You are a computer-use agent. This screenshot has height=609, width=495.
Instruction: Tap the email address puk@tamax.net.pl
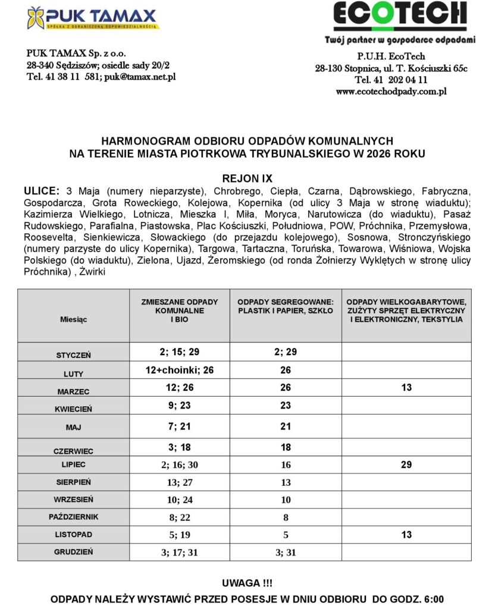pyautogui.click(x=140, y=77)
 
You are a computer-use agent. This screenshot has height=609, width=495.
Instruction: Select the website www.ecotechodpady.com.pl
pyautogui.click(x=391, y=92)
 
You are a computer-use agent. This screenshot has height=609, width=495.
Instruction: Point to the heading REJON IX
pyautogui.click(x=247, y=178)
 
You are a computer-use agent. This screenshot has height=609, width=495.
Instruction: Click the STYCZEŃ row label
pyautogui.click(x=73, y=355)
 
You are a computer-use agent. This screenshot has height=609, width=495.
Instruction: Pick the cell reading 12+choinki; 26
pyautogui.click(x=179, y=370)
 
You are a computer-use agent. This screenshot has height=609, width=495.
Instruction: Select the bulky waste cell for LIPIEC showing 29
pyautogui.click(x=406, y=464)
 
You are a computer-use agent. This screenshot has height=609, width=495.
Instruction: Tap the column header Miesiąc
pyautogui.click(x=73, y=319)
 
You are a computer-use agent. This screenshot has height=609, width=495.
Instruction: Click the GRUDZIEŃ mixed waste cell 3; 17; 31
pyautogui.click(x=179, y=553)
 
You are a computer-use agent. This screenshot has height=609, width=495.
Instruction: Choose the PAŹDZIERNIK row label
pyautogui.click(x=73, y=517)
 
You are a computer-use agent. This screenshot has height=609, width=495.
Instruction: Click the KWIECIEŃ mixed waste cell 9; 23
pyautogui.click(x=179, y=406)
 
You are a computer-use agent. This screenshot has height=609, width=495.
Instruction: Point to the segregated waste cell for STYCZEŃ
pyautogui.click(x=285, y=352)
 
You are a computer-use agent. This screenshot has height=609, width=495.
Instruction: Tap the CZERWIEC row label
pyautogui.click(x=73, y=451)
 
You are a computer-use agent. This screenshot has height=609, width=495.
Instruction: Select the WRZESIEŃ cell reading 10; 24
pyautogui.click(x=179, y=500)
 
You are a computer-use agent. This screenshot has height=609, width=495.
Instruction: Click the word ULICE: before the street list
pyautogui.click(x=42, y=192)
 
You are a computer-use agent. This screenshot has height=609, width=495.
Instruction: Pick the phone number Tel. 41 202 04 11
pyautogui.click(x=391, y=80)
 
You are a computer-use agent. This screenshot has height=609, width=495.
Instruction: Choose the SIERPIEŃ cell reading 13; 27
pyautogui.click(x=179, y=482)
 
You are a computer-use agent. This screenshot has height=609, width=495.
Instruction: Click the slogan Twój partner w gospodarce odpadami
pyautogui.click(x=400, y=40)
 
